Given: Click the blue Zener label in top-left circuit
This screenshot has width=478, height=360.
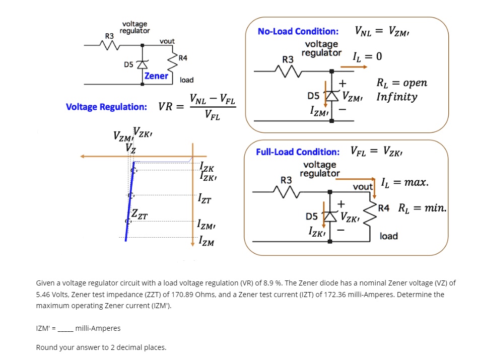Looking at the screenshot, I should coord(156,76).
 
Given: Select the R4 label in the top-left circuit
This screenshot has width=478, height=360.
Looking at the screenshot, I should coord(183,58).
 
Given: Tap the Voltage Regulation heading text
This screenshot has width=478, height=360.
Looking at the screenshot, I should coord(106,107).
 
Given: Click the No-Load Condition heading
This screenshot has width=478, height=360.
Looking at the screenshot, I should coord(298,31).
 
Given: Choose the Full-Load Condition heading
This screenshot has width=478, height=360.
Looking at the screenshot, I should coord(297,152).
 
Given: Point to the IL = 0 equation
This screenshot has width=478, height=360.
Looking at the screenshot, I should coord(368,56).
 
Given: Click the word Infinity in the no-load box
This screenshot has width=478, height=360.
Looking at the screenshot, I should coord(396,97).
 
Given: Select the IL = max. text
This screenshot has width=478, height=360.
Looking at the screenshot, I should coord(405,182).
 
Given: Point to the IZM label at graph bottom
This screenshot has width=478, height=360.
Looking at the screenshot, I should coord(207,242).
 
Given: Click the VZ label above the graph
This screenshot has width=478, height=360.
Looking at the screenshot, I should coord(130,149).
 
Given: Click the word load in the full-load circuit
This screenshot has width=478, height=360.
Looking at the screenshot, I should coord(388,236).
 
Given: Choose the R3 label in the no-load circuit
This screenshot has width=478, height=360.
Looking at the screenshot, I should coord(288,59).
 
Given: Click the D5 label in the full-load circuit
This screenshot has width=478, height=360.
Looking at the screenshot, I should coord(312,217).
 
